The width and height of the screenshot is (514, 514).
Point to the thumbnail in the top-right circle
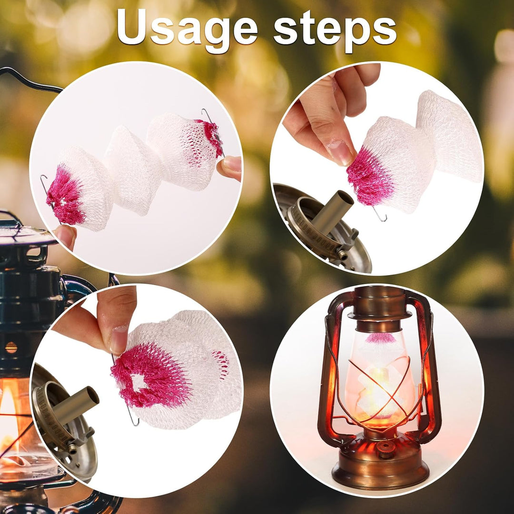click(340, 152)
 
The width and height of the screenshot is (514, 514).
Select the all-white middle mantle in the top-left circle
click(133, 170)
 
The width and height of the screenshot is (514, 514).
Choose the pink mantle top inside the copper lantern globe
click(380, 338)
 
